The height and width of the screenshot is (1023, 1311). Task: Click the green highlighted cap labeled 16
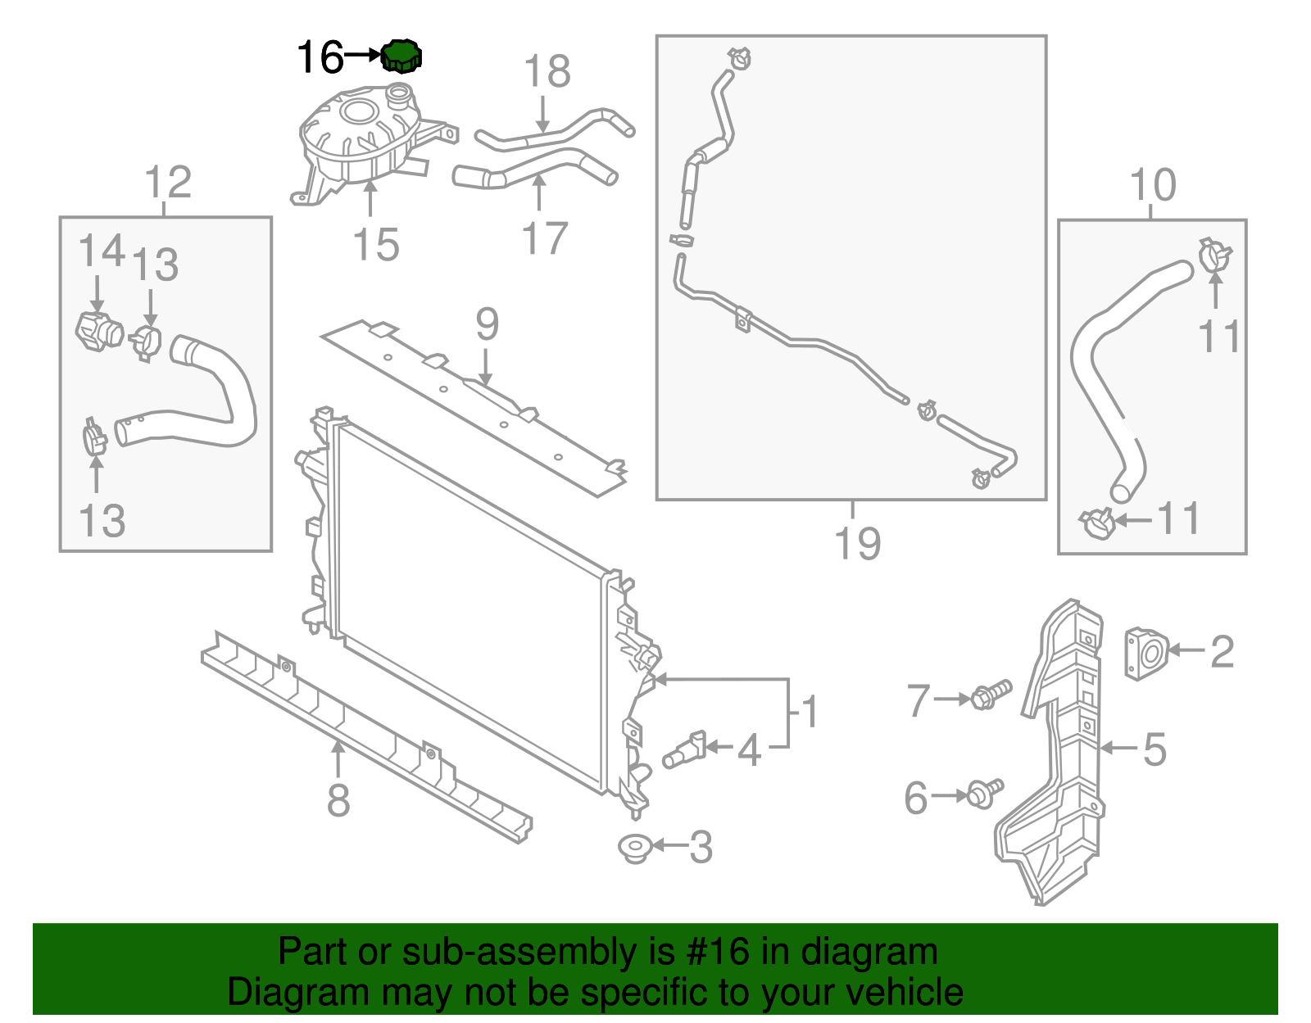(x=401, y=56)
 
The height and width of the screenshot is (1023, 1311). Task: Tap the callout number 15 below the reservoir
(x=376, y=245)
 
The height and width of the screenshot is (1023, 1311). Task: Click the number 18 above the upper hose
(x=547, y=71)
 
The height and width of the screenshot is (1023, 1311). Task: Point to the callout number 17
(x=545, y=238)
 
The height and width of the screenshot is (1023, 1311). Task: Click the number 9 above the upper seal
(x=487, y=324)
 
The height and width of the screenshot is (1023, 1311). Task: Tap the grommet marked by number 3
(x=633, y=848)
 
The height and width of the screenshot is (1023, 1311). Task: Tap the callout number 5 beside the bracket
(x=1154, y=749)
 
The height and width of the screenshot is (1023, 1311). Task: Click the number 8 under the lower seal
(x=338, y=799)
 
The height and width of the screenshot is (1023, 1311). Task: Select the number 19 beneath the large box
(x=857, y=543)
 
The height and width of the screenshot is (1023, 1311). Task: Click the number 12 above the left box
(x=168, y=182)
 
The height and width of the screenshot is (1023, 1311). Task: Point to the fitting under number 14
(x=98, y=330)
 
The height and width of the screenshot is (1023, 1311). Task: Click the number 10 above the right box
(x=1153, y=185)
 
